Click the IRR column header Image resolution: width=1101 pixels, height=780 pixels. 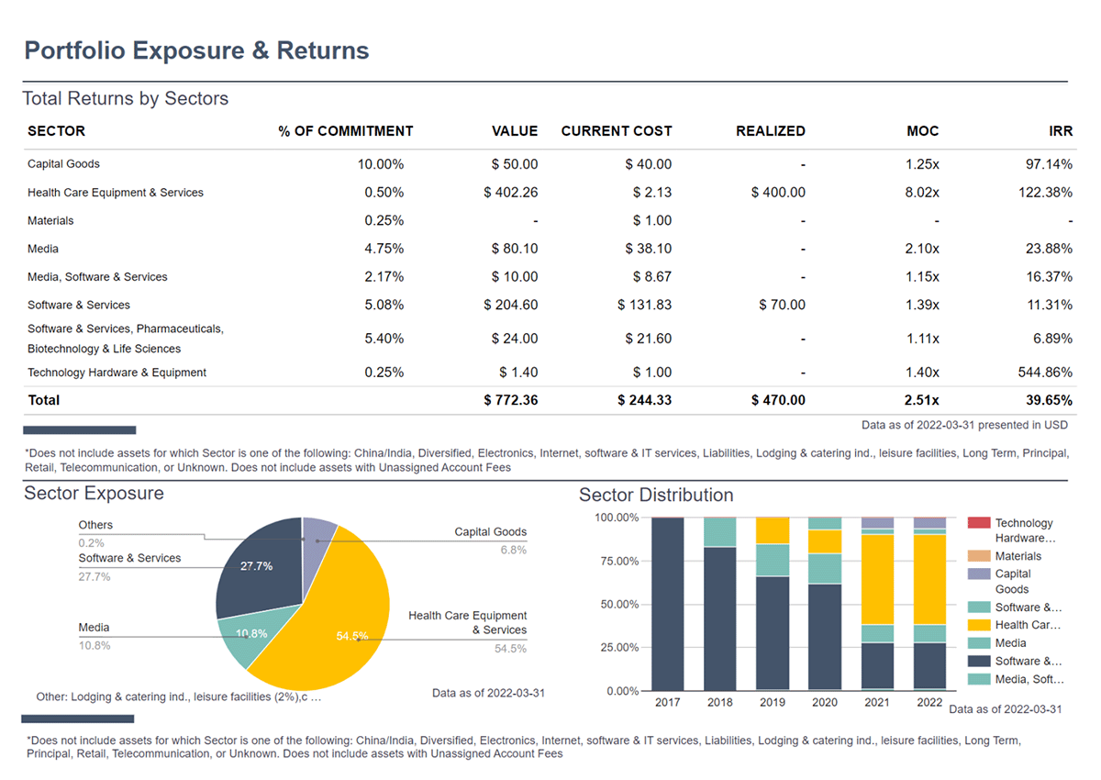pos(1060,131)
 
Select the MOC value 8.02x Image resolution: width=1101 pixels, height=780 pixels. pos(921,193)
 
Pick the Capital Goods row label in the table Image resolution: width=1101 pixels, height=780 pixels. pos(63,164)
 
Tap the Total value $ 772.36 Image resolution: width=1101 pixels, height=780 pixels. pos(510,400)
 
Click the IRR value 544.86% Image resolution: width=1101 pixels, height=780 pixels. pos(1040,373)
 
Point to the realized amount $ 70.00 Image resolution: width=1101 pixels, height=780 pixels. pos(782,305)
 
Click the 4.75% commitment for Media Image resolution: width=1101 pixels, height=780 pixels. pos(384,249)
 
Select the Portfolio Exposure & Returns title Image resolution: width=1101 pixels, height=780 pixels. pos(196,50)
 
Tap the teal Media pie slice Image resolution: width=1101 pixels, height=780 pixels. pos(250,633)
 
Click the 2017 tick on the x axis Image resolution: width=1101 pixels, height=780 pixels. pos(667,703)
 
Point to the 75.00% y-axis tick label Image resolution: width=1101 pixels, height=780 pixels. pos(617,561)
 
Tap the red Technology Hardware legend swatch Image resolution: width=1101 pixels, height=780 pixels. pos(979,523)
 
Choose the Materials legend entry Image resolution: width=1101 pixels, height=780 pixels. pos(1018,556)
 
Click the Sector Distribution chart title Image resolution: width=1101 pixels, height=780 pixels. pos(656,496)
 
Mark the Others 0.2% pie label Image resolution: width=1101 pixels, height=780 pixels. pos(95,533)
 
